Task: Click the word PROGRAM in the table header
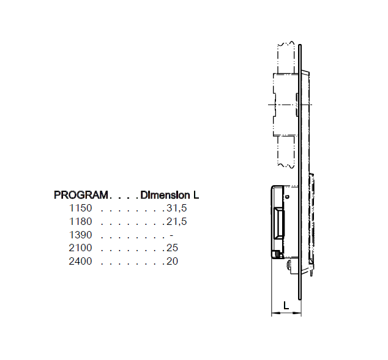81,196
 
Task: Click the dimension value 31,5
176,208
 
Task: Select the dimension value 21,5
176,221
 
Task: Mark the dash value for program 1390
171,235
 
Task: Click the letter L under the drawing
286,306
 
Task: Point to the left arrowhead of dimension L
274,314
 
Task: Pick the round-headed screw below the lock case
289,265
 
